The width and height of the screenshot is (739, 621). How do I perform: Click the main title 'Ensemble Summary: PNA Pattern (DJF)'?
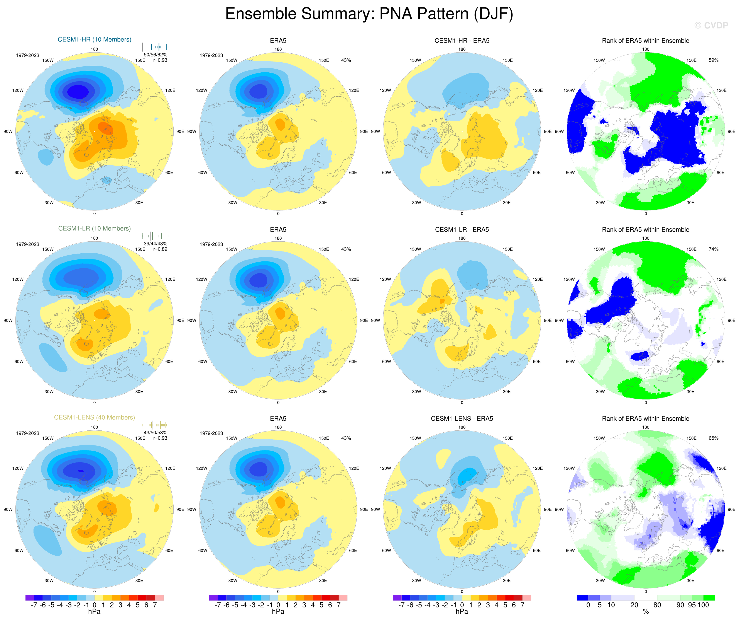(369, 14)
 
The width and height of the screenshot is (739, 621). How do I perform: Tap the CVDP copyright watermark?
(711, 25)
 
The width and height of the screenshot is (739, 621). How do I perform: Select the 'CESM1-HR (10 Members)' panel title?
(94, 39)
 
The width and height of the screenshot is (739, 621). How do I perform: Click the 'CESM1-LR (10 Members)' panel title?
(94, 228)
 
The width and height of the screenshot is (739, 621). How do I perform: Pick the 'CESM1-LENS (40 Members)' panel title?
(94, 417)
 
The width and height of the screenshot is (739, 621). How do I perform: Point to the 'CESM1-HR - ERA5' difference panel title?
(462, 41)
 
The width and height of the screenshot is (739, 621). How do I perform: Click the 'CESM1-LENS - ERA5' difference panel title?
(462, 418)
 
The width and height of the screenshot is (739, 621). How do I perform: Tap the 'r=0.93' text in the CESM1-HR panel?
(160, 60)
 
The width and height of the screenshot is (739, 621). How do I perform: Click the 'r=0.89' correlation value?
(160, 249)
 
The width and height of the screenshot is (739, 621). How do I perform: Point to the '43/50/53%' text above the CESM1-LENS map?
(155, 433)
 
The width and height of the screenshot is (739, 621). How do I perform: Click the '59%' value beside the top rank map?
(713, 60)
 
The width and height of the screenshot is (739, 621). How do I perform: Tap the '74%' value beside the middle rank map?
(713, 249)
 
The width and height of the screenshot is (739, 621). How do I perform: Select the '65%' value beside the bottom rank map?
(713, 438)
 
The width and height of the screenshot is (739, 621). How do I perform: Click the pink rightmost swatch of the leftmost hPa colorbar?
(159, 598)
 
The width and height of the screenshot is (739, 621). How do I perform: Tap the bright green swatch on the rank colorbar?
(709, 598)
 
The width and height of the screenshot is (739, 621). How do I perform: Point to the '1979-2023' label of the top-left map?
(27, 55)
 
